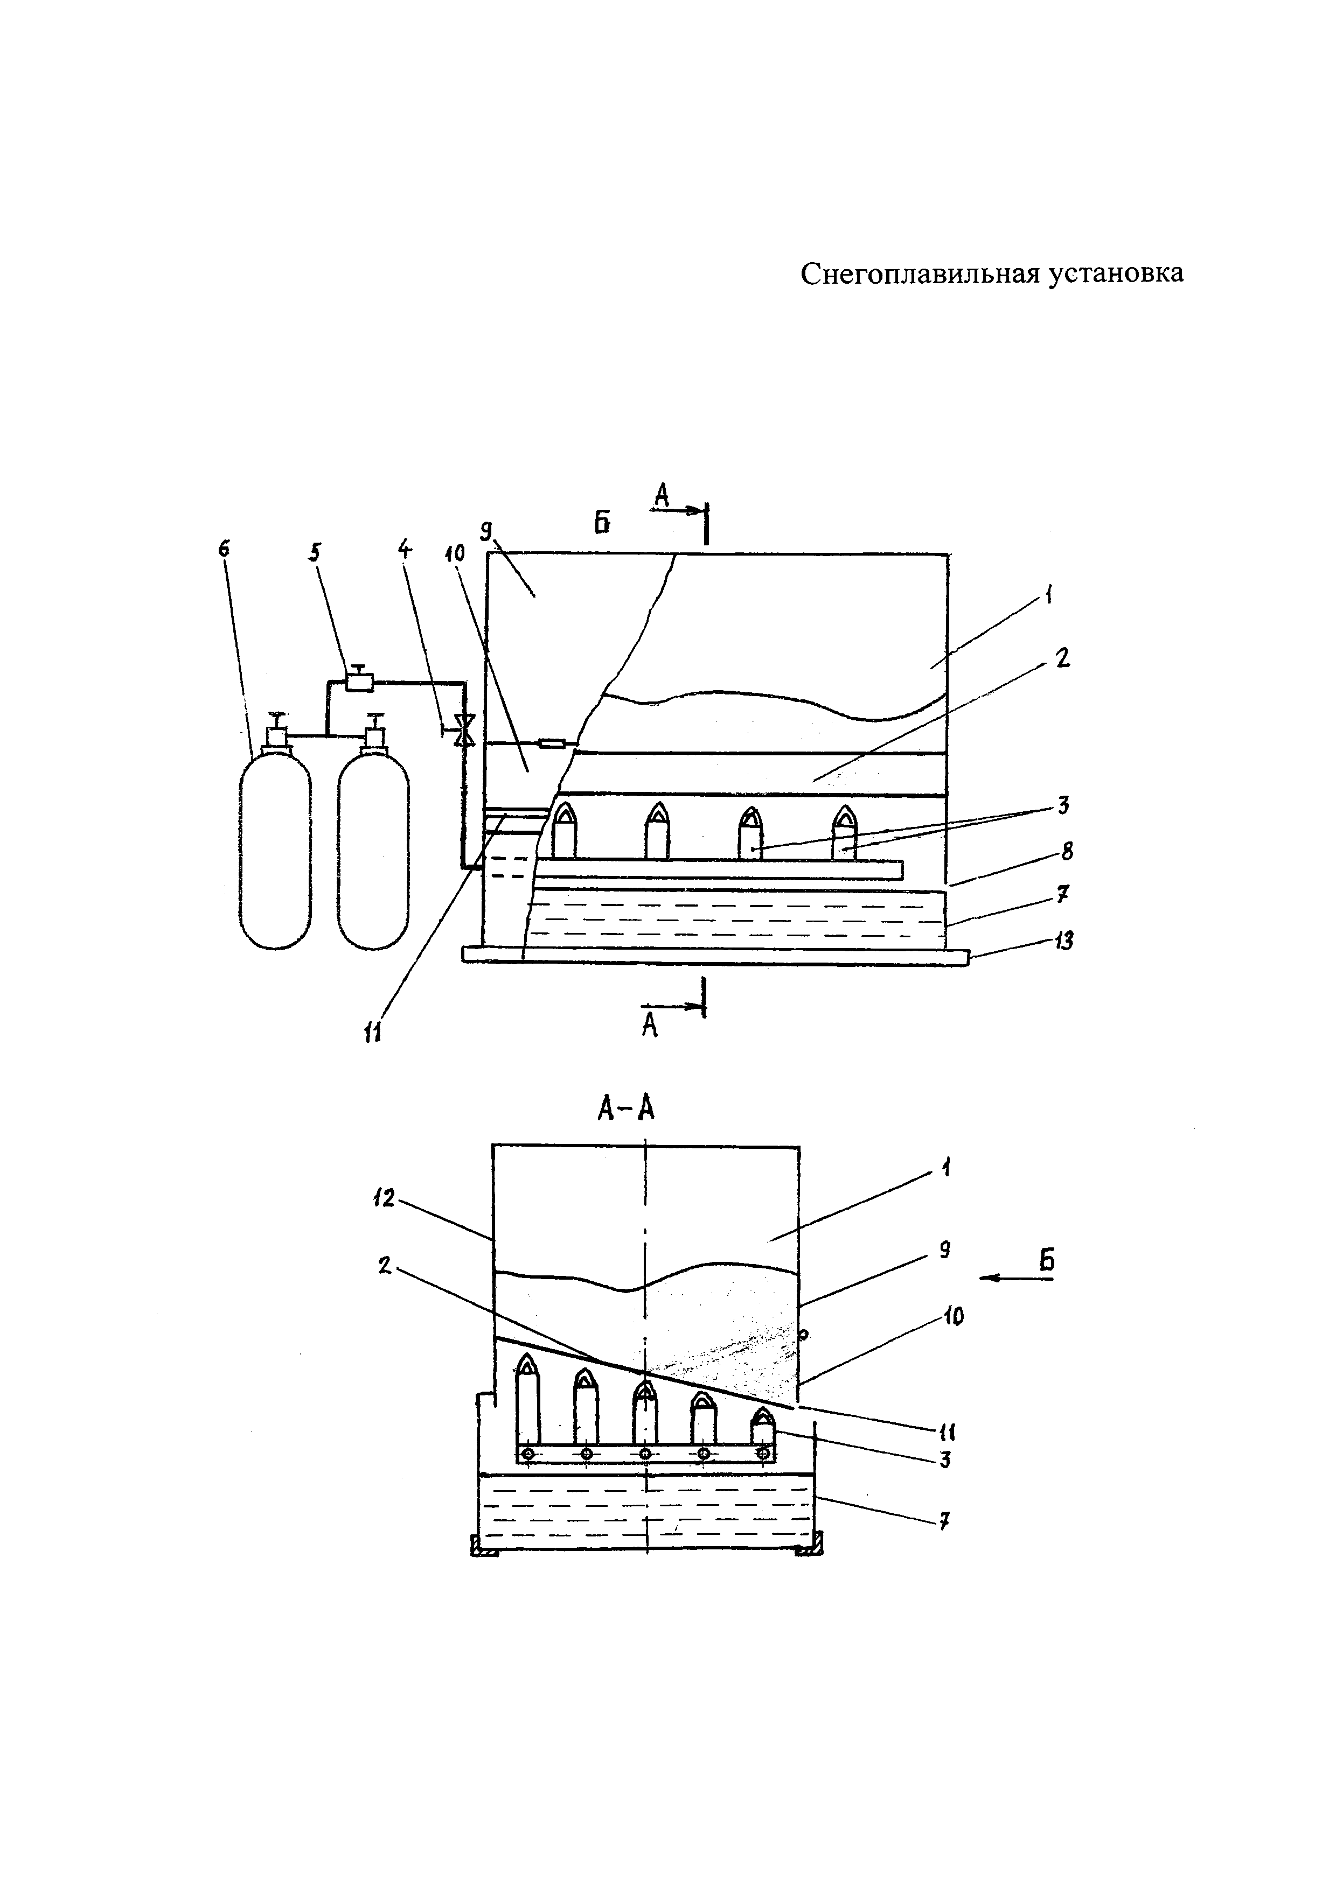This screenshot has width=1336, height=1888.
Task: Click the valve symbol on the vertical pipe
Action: coord(465,730)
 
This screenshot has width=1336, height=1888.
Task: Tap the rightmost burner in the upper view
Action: coord(845,832)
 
